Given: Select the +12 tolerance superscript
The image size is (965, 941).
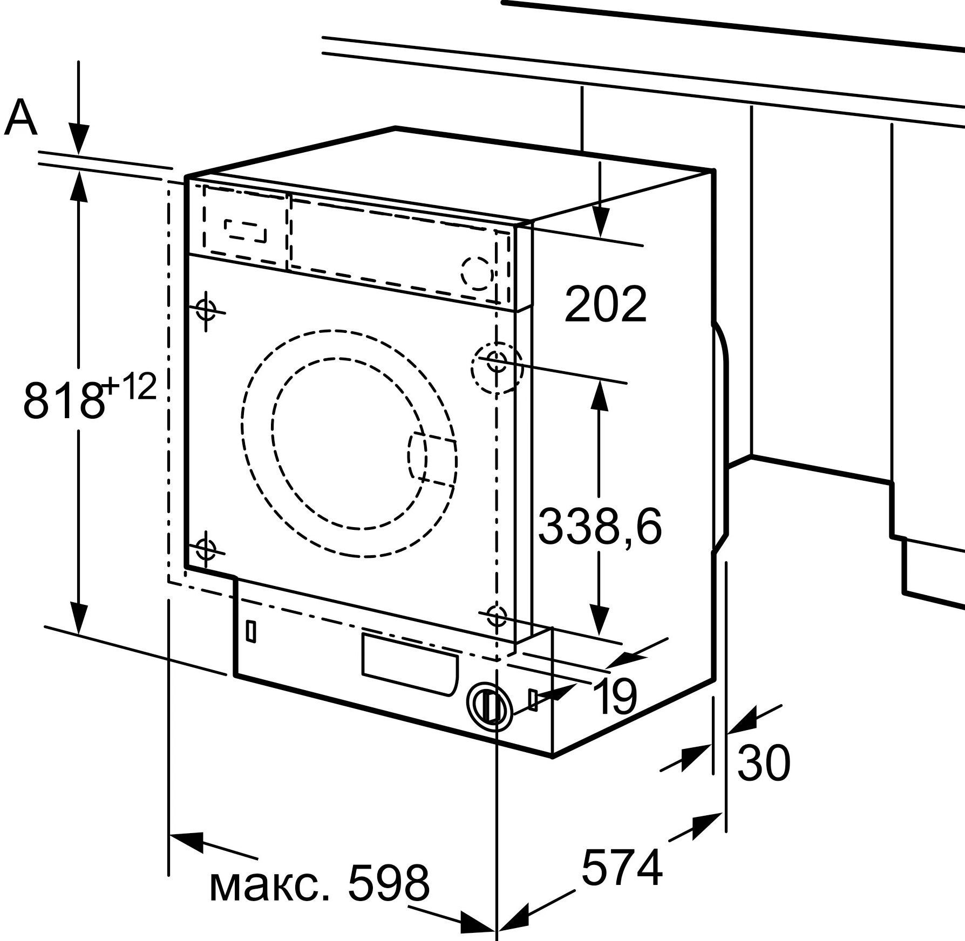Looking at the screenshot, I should click(130, 387).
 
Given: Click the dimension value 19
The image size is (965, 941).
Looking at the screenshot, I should click(615, 696).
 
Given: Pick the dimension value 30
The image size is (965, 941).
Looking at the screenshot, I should click(764, 763).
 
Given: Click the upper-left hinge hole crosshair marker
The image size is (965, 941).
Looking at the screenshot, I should click(206, 310).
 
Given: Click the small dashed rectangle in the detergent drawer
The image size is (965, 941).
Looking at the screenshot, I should click(246, 231).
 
